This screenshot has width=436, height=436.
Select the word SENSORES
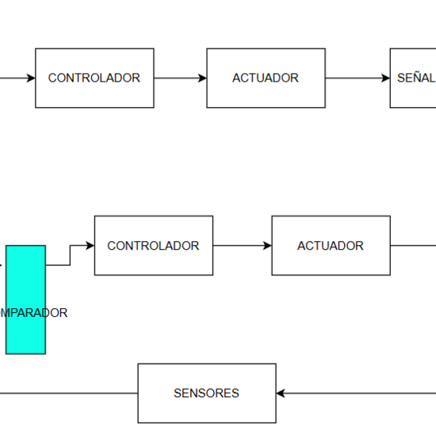(x=206, y=393)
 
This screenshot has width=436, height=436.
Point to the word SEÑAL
(x=416, y=78)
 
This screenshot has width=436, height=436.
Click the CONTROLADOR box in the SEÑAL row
(x=94, y=78)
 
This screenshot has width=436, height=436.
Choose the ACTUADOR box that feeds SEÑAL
(x=266, y=78)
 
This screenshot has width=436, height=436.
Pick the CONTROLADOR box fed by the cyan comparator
(x=153, y=246)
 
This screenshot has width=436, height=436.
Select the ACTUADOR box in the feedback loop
(x=331, y=246)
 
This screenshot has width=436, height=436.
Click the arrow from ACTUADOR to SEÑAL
(x=357, y=78)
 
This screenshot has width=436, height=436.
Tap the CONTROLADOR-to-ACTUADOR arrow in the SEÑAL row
(x=180, y=78)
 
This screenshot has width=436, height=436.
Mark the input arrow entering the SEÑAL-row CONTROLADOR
(x=16, y=78)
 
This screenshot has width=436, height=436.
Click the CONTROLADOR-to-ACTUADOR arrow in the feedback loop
(x=242, y=246)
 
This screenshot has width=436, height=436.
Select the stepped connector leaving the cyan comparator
(x=69, y=255)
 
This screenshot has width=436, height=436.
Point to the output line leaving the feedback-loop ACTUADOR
(x=412, y=246)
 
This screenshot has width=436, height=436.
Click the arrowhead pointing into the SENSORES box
(x=281, y=393)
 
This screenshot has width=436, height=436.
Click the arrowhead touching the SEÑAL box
(x=385, y=78)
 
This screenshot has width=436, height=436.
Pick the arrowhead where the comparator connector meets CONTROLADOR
(x=90, y=246)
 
